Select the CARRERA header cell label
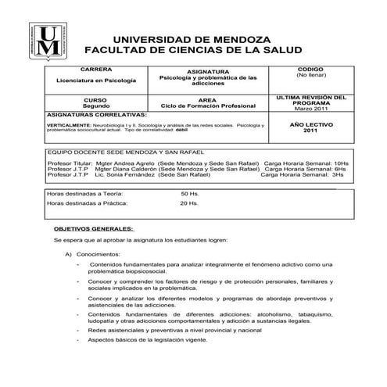[x=95, y=69]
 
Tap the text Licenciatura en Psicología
[x=95, y=81]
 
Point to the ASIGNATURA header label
[x=208, y=70]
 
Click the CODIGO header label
[x=310, y=69]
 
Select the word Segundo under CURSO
[x=95, y=106]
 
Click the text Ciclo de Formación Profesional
[x=208, y=106]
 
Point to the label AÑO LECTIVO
[x=310, y=124]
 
